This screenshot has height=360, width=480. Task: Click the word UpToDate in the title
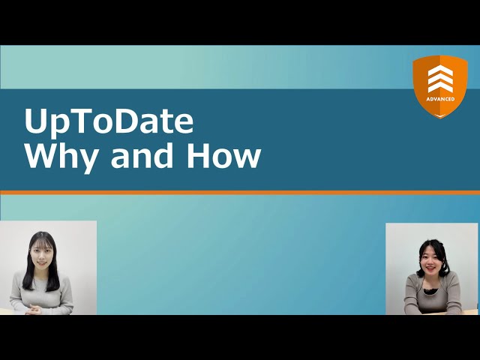(109, 121)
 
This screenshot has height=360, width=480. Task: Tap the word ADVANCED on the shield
(440, 98)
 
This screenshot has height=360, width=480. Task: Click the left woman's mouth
(40, 262)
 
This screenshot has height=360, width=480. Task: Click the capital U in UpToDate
(36, 121)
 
